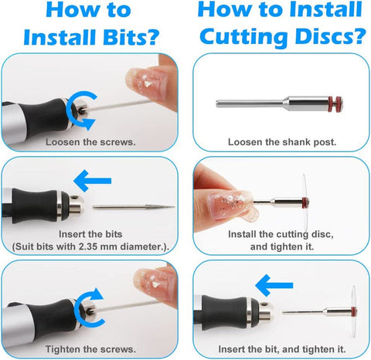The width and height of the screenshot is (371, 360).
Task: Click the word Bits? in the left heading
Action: point(131,37)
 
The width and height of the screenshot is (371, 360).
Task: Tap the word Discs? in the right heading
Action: point(331,37)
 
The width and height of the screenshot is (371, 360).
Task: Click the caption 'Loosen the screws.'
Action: point(90,142)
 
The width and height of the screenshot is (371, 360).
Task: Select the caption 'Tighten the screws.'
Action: point(90,349)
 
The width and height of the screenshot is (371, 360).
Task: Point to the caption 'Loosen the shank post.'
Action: point(282,142)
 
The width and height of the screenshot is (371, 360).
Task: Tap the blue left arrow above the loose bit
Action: point(92,181)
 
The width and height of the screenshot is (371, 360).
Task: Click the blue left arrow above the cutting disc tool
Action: point(274,285)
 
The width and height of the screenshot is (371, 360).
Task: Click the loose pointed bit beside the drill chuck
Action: point(134,207)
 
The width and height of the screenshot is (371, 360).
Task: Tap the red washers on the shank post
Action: point(335,103)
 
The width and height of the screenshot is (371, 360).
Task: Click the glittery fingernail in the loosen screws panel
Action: point(147,83)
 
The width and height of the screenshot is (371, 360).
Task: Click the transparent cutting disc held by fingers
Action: point(305,203)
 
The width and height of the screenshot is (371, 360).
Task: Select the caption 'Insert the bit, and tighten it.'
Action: point(282,349)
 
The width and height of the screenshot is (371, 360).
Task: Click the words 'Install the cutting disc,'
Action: point(281,234)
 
